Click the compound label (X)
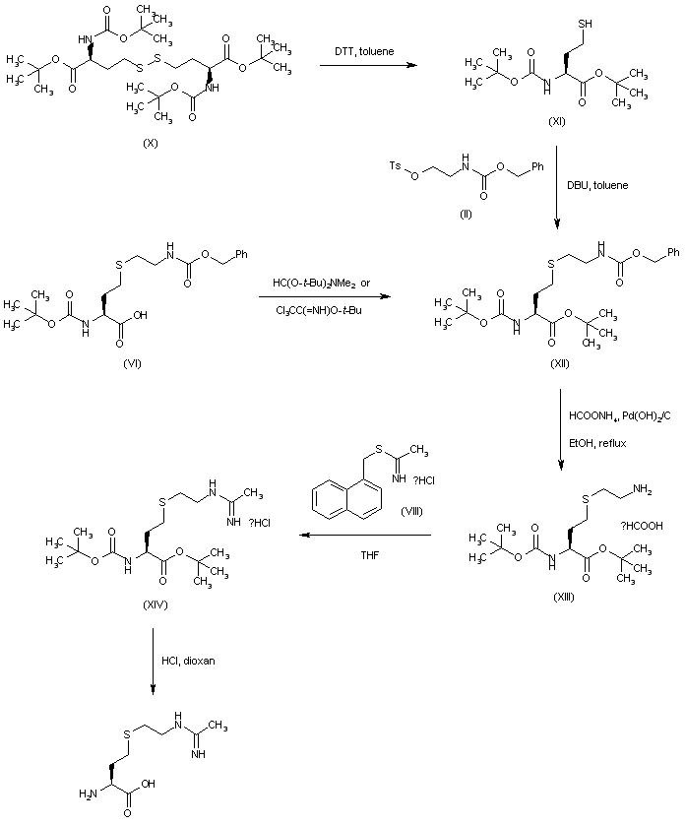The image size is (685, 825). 151,144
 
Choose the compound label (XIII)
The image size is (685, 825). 562,597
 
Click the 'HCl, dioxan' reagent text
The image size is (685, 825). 190,660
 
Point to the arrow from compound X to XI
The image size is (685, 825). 365,65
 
